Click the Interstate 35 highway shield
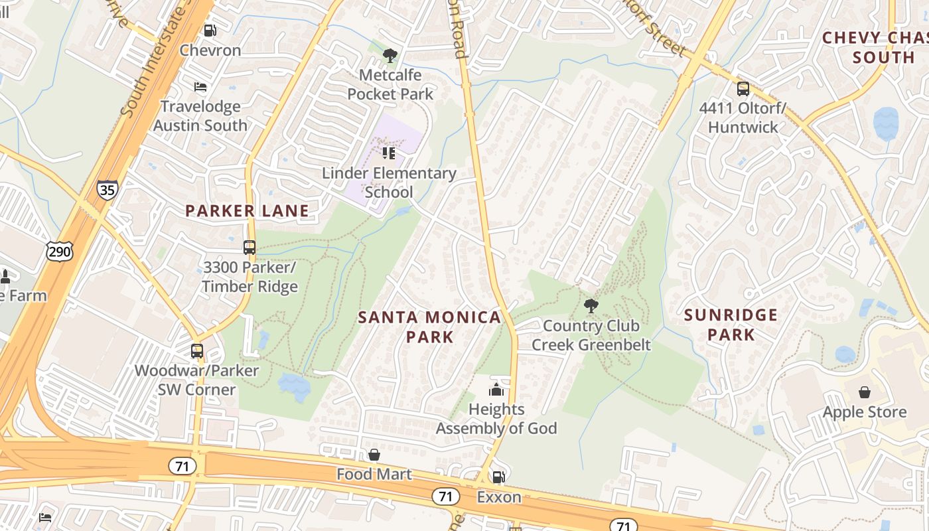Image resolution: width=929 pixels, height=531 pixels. (x=107, y=190)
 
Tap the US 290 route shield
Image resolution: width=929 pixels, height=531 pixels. (x=59, y=251)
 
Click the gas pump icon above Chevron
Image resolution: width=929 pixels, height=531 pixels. (x=210, y=31)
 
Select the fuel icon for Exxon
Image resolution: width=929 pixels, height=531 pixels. (x=498, y=477)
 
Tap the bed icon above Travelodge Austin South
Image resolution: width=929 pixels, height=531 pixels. (x=200, y=87)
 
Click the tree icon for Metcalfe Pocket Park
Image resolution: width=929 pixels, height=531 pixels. (x=390, y=56)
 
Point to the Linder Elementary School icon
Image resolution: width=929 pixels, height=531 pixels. (x=389, y=154)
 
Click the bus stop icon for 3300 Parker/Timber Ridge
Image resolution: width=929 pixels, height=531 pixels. (x=250, y=248)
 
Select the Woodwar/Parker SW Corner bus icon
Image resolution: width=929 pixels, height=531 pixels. (x=197, y=351)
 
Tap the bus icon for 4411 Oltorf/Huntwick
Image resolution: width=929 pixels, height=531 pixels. (x=743, y=88)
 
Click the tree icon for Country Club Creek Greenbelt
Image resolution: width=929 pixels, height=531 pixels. (x=591, y=306)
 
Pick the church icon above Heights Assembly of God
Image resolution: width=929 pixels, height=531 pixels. (x=496, y=390)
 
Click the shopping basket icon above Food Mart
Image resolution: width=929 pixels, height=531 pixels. (x=374, y=455)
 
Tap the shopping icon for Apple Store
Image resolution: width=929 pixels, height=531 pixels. (x=864, y=392)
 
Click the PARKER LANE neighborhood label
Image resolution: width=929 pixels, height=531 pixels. (x=247, y=211)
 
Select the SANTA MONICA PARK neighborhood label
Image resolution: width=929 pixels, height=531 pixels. (x=430, y=327)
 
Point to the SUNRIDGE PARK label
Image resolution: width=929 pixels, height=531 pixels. (x=731, y=324)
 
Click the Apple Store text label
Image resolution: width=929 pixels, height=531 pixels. (x=864, y=412)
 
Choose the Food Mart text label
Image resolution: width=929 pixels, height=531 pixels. (x=374, y=474)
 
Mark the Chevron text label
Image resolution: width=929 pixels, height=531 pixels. (x=210, y=50)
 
